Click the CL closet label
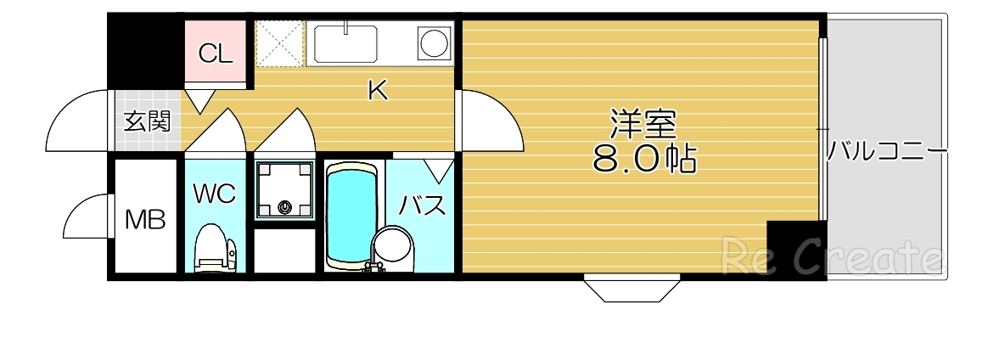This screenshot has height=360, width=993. tap(215, 54)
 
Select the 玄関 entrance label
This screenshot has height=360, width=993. tap(148, 121)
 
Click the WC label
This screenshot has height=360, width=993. tap(213, 194)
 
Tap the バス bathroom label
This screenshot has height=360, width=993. tap(423, 204)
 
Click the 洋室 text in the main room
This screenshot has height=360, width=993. tap(642, 125)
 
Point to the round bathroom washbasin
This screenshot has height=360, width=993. tap(392, 247)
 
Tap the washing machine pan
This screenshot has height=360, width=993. tap(283, 189)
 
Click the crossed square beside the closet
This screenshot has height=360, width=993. tap(281, 42)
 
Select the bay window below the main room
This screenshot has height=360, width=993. tap(632, 288)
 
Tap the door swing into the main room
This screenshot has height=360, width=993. tap(488, 123)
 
